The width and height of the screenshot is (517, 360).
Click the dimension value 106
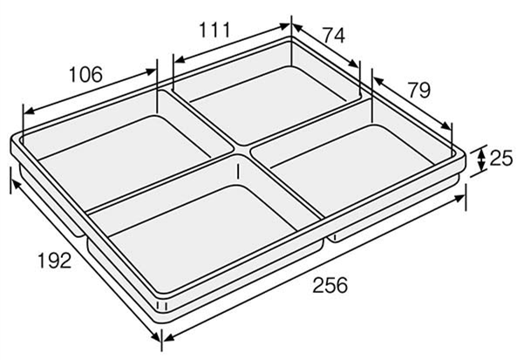pyautogui.click(x=85, y=76)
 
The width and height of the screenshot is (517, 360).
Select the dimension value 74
pyautogui.click(x=334, y=36)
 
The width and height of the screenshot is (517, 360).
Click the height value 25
pyautogui.click(x=500, y=158)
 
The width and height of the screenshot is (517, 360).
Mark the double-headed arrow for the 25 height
pyautogui.click(x=480, y=159)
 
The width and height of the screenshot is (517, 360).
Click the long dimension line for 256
pyautogui.click(x=314, y=271)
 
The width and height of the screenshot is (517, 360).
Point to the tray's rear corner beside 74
pyautogui.click(x=292, y=37)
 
